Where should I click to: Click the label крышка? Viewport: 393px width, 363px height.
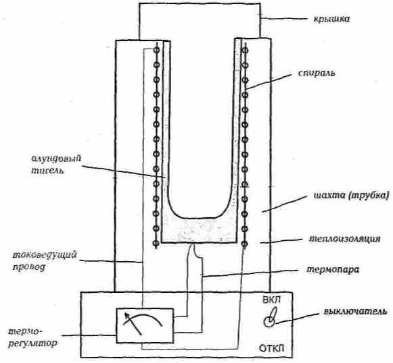pos(331,19)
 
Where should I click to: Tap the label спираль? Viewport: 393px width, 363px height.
pos(317,73)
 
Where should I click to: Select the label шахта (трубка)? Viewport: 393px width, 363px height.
pos(352,196)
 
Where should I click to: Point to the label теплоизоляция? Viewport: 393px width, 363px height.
pos(344,239)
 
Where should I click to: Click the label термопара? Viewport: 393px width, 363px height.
pos(333,270)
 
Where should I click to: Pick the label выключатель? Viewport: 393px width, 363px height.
pos(355,312)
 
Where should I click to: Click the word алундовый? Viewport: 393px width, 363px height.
pos(56,159)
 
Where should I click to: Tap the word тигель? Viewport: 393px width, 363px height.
pos(47,171)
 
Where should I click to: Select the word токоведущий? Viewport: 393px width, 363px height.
pos(45,255)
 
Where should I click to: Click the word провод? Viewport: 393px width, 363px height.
pos(29,267)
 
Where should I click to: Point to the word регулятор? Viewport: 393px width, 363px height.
pos(32,343)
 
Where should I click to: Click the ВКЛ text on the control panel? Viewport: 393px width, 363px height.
pos(272,300)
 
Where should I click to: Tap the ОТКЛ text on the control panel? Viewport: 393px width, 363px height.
pos(272,348)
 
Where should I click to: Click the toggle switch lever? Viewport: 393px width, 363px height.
pos(273,314)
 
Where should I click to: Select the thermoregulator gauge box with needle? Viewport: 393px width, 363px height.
pos(145,325)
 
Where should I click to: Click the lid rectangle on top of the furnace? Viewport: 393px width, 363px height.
pos(200,20)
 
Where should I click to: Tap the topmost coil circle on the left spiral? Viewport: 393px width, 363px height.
pos(156,50)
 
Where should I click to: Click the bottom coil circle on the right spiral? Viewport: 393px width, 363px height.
pos(245,244)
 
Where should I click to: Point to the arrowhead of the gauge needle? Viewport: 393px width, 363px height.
pos(126,314)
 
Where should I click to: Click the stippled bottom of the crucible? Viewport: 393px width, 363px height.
pos(200,231)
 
